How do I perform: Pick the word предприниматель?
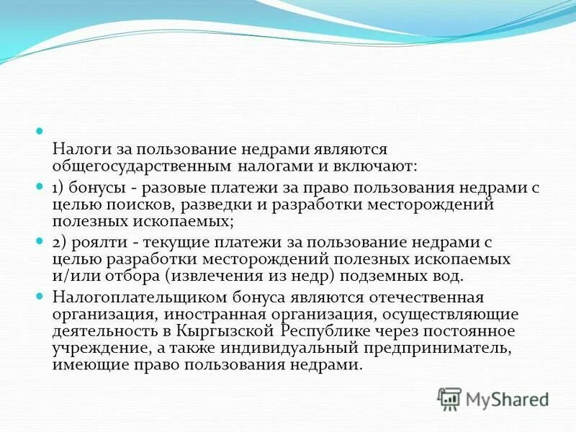435,348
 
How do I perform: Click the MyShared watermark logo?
493,397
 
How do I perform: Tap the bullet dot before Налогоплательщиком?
41,296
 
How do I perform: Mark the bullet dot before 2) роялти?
41,240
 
